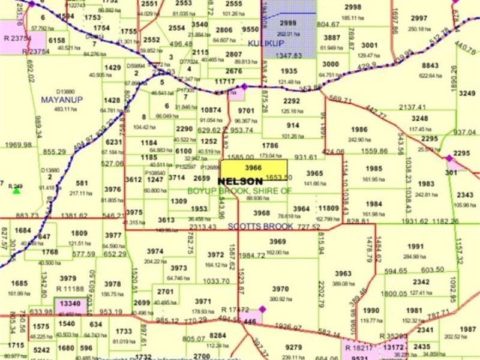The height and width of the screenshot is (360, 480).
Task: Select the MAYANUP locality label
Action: (61, 99)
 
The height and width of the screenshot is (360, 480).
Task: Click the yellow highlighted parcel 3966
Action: (254, 169)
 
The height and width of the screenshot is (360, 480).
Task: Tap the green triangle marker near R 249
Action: (16, 191)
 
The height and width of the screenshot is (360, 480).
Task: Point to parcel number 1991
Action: (415, 247)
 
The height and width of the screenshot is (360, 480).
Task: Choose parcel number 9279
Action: (293, 347)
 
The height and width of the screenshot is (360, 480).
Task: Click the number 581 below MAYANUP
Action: (82, 184)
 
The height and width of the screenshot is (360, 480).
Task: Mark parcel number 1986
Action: (359, 130)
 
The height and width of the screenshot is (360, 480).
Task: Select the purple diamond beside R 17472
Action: (262, 310)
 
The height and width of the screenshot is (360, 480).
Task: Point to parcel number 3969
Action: (277, 242)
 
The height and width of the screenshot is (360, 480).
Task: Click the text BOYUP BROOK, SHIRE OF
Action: (239, 190)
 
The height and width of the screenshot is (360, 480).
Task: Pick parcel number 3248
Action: (419, 119)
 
